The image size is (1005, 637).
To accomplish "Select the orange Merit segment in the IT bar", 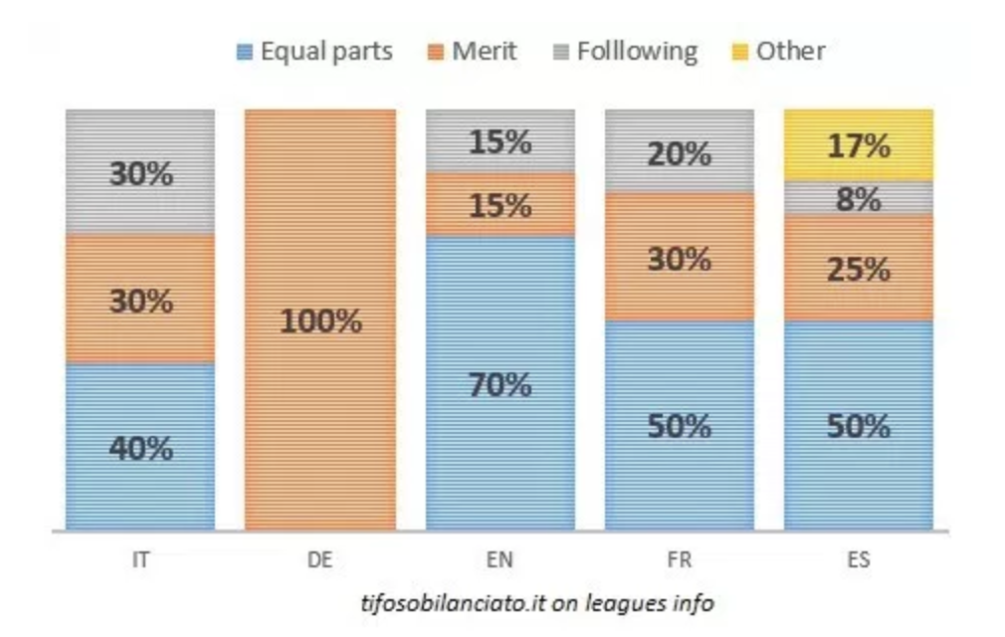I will (x=140, y=299).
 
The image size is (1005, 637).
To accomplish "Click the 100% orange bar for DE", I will (x=319, y=319).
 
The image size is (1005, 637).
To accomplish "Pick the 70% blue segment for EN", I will (x=500, y=383).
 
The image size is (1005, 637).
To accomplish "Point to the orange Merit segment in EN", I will (x=500, y=204).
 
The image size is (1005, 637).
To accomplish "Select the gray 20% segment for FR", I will (x=680, y=151).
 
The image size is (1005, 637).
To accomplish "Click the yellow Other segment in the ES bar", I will (x=858, y=144).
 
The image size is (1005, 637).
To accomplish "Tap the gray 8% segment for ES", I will (x=858, y=198).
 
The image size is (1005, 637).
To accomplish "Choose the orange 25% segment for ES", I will (x=858, y=268).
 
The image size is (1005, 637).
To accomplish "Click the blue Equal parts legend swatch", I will (x=245, y=51).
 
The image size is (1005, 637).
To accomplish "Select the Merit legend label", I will (x=485, y=51).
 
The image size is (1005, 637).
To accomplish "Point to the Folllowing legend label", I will (x=637, y=51).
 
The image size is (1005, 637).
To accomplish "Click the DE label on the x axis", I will (x=319, y=560).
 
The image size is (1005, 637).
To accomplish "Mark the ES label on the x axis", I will (x=858, y=560).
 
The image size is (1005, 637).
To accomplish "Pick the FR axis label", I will (x=680, y=560).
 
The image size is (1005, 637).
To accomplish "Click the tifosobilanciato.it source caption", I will (x=537, y=603).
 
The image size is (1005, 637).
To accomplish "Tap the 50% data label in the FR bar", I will (x=680, y=426).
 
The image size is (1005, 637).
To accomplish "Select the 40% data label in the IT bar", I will (x=140, y=448).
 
